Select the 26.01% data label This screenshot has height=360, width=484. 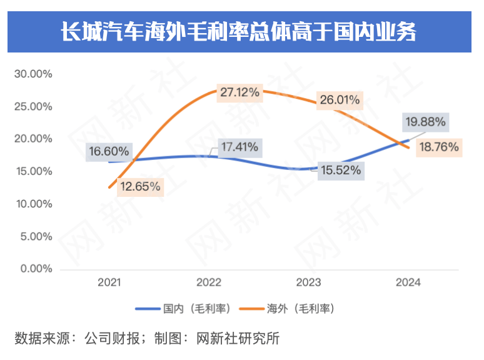(x=339, y=99)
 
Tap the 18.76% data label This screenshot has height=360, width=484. (x=439, y=147)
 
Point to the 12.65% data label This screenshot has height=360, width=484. (x=140, y=186)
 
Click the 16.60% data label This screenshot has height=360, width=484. (x=109, y=151)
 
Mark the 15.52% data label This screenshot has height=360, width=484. (x=340, y=170)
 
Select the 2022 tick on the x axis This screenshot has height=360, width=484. (x=209, y=282)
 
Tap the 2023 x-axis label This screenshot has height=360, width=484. (x=309, y=282)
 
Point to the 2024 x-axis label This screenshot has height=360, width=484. (x=408, y=282)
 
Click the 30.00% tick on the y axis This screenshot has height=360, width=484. (x=33, y=74)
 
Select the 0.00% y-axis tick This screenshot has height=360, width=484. (x=35, y=269)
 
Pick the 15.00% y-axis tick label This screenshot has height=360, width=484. (x=33, y=171)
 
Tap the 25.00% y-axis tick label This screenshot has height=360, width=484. (x=33, y=106)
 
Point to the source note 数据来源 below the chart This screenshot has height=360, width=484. (x=146, y=339)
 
